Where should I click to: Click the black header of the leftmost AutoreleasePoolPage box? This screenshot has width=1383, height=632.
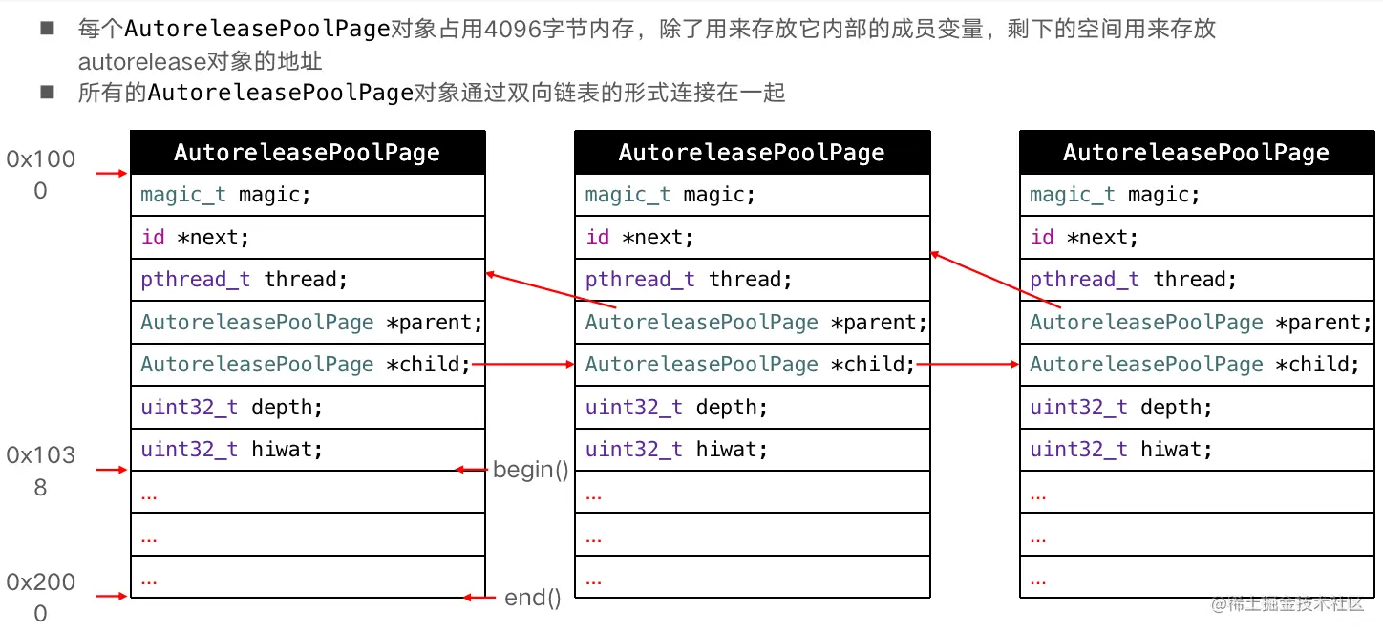(308, 153)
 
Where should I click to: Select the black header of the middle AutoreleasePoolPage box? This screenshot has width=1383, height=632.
(752, 153)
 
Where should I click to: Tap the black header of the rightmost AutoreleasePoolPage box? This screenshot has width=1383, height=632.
(1196, 153)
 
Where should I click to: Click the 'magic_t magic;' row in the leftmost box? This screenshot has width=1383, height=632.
(308, 195)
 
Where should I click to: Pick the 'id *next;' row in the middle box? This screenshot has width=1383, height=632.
(752, 237)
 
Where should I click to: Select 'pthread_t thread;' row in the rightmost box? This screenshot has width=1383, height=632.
(1196, 280)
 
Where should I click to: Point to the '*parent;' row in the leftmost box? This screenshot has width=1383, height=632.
(308, 323)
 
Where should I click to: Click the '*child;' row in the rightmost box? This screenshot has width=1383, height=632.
(1196, 365)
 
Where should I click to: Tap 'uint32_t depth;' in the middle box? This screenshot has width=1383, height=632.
(752, 408)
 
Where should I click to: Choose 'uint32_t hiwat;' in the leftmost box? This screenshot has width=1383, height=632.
(308, 450)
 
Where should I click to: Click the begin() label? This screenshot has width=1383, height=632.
(530, 470)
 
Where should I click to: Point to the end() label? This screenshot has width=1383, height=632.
(532, 598)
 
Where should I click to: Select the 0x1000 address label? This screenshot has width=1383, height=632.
(40, 175)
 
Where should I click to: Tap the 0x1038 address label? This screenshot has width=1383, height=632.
(40, 471)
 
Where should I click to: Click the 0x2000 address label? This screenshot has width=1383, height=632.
(40, 598)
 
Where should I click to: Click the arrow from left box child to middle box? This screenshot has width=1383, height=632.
(523, 364)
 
